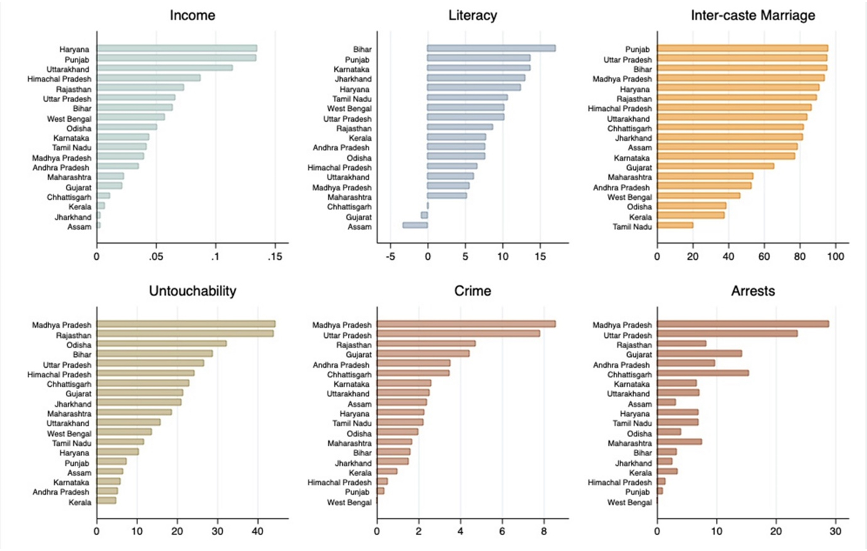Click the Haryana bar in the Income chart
coord(177,48)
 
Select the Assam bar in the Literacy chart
coord(415,225)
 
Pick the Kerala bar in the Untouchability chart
coord(107,501)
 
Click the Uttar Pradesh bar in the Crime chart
coord(458,334)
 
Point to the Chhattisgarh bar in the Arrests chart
coord(703,373)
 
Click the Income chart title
coord(192,15)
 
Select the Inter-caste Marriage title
coord(753,15)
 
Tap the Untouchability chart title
coord(192,291)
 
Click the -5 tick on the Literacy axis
coord(391,257)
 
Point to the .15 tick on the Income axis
coord(275,257)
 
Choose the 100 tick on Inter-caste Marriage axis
coord(835,257)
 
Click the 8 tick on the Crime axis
coord(544,532)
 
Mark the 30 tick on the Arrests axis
coord(835,532)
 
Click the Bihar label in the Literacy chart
coord(362,49)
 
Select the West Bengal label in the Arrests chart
coord(629,503)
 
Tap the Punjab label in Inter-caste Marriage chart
coord(637,49)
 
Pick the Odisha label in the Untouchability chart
coord(78,345)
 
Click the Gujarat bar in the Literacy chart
coord(424,216)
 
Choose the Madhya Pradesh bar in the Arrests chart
coord(743,324)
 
